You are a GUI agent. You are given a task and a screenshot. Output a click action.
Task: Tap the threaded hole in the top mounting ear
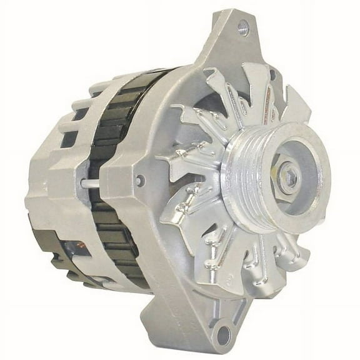tap(244, 26)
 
